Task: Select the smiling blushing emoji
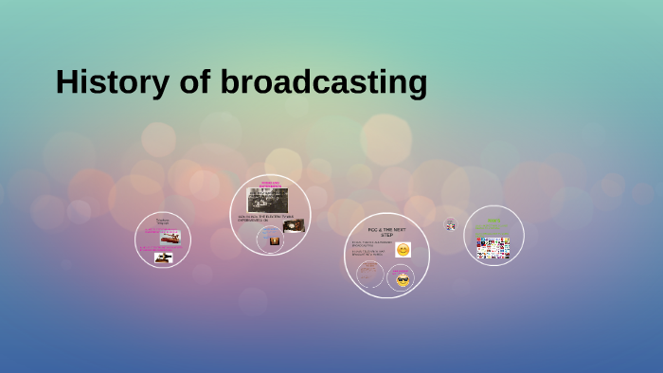pos(403,250)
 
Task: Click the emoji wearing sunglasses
pos(403,280)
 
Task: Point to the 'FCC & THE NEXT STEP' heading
pos(386,232)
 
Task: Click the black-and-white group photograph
pos(268,200)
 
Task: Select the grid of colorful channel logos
pos(493,248)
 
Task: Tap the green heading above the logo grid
pos(493,223)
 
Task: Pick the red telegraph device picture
pos(170,237)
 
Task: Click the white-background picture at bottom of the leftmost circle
pos(163,258)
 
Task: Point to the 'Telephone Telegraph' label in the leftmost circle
pos(163,222)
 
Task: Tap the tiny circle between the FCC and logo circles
pos(451,225)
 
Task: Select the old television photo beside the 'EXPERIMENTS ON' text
pos(294,225)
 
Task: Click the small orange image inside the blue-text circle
pos(275,240)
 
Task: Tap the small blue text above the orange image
pos(271,230)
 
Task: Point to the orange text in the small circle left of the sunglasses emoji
pos(369,272)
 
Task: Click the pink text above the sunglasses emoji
pos(401,270)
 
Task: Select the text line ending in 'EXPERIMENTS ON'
pos(260,218)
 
